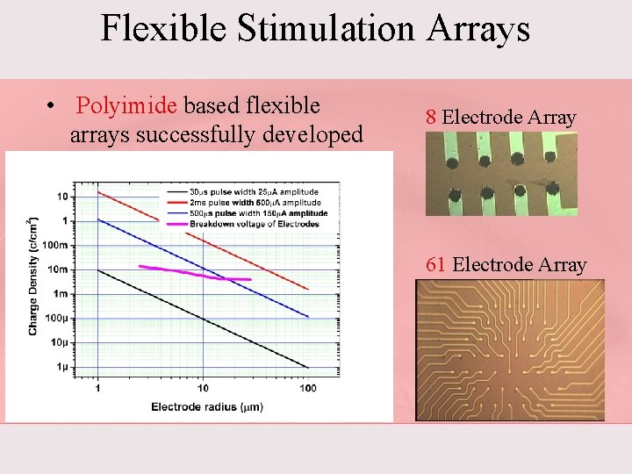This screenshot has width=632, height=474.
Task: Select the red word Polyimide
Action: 127,106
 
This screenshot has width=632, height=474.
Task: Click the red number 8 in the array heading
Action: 431,118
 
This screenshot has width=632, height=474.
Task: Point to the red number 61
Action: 435,265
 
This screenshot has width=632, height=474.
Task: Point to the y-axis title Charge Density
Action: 33,277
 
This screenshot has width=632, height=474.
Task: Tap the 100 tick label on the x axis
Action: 307,388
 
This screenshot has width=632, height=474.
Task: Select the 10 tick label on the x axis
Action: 203,388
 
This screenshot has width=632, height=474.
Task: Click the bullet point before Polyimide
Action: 54,107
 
